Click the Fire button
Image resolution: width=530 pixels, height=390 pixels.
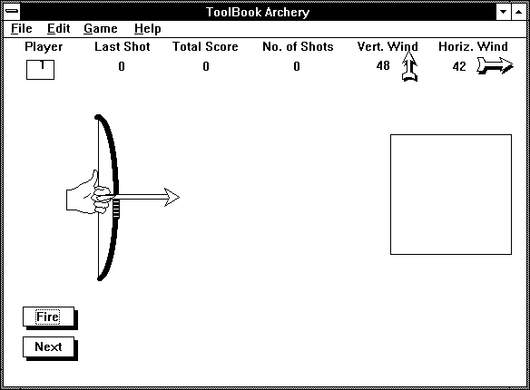48,317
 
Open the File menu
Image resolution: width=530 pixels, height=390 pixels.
21,29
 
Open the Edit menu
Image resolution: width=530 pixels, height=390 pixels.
58,29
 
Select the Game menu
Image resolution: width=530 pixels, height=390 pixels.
101,29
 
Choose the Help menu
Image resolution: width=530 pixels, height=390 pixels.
147,29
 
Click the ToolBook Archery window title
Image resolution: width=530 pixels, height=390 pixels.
258,12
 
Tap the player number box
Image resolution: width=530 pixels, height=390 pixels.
40,70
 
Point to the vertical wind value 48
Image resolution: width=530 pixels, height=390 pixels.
383,65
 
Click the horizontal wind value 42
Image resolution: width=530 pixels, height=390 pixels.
459,66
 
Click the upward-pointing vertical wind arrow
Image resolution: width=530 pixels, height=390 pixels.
409,66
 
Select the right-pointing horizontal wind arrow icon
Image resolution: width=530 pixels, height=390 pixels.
495,65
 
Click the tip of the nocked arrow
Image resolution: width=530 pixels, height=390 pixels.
180,198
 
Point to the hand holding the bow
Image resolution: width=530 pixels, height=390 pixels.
88,197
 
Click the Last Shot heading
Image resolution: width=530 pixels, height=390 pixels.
123,46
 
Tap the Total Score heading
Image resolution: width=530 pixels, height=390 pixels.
205,46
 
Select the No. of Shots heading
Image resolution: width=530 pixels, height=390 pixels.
298,46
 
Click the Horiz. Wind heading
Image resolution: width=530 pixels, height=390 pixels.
473,46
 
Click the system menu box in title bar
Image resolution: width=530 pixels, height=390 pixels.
12,12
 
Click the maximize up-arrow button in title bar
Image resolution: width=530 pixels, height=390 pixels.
518,12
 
